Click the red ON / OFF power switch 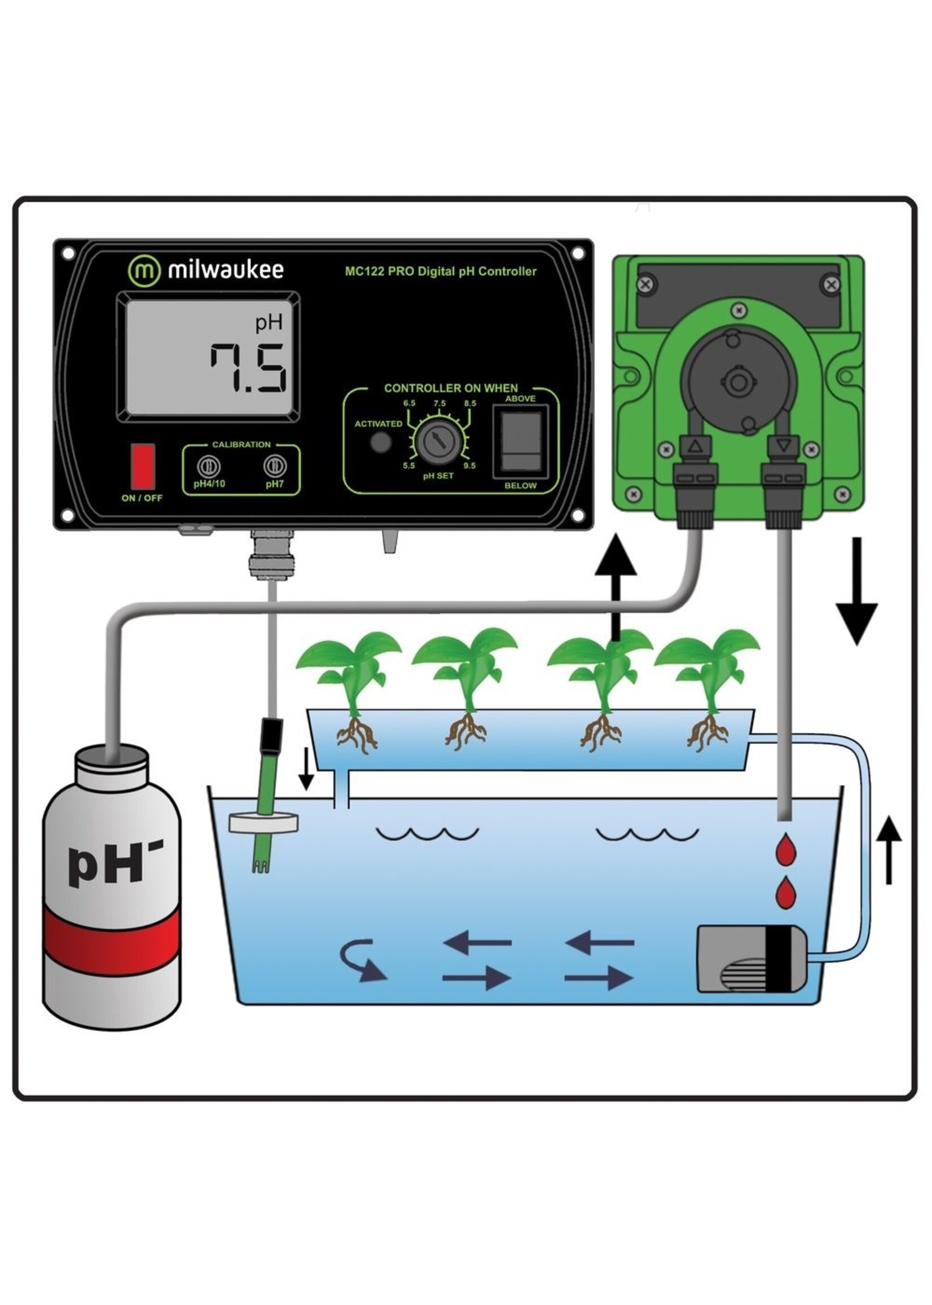[x=142, y=466]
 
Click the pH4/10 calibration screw [x=208, y=466]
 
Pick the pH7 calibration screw [x=274, y=466]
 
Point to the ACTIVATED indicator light [x=380, y=442]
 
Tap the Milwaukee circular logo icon [x=143, y=270]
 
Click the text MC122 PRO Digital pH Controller [x=440, y=271]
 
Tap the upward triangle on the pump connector [x=696, y=445]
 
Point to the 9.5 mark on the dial [x=469, y=465]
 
